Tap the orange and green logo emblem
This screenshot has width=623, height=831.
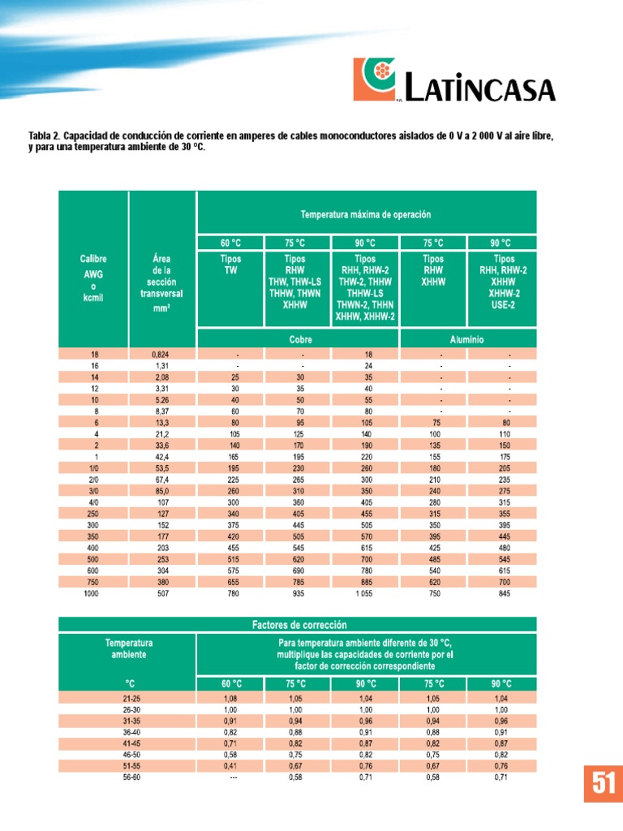pyautogui.click(x=374, y=79)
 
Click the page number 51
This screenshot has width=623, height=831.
pyautogui.click(x=602, y=783)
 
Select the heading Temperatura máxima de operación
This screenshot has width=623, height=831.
pyautogui.click(x=366, y=214)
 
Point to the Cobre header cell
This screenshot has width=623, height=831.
pyautogui.click(x=298, y=339)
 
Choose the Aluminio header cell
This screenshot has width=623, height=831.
pyautogui.click(x=467, y=339)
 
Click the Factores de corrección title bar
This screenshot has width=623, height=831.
pyautogui.click(x=298, y=625)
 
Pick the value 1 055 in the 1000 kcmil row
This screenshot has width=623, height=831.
pyautogui.click(x=365, y=594)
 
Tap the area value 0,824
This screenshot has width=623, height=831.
pyautogui.click(x=161, y=355)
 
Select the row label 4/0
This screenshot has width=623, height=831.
pyautogui.click(x=93, y=480)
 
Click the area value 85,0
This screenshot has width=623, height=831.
pyautogui.click(x=161, y=468)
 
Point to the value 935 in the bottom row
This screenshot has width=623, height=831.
pyautogui.click(x=298, y=594)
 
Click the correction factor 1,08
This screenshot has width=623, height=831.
pyautogui.click(x=230, y=698)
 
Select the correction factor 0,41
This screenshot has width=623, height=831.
pyautogui.click(x=230, y=766)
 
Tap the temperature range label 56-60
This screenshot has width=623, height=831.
pyautogui.click(x=127, y=777)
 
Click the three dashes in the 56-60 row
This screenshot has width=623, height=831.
pyautogui.click(x=230, y=777)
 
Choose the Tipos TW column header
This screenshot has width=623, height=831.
pyautogui.click(x=230, y=265)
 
